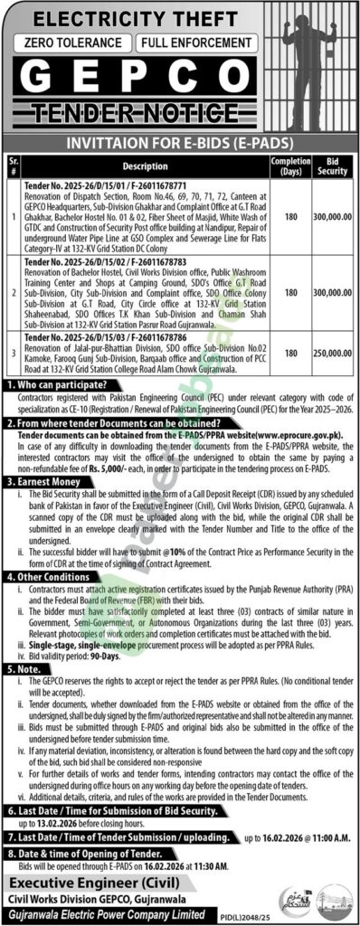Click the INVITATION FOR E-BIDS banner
[x=180, y=142]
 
